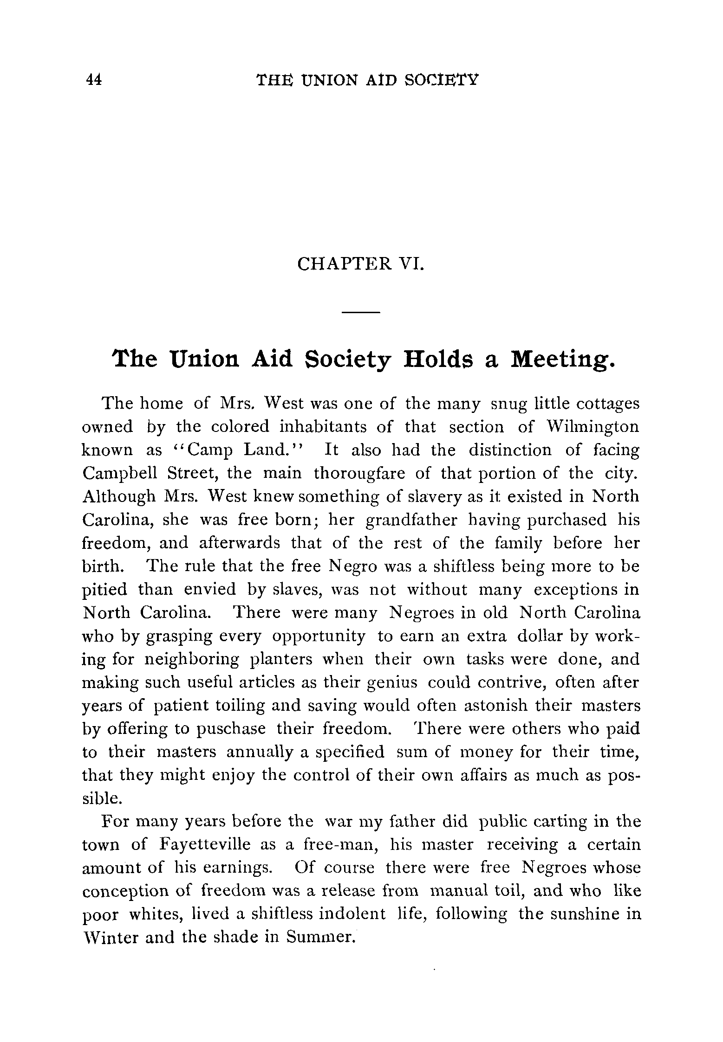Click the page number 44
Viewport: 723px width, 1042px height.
pos(94,80)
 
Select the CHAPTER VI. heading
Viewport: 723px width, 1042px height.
pos(360,264)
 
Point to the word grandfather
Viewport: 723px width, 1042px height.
pos(411,520)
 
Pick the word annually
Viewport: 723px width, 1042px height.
pos(260,752)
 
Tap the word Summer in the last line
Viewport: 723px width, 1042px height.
pos(320,938)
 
